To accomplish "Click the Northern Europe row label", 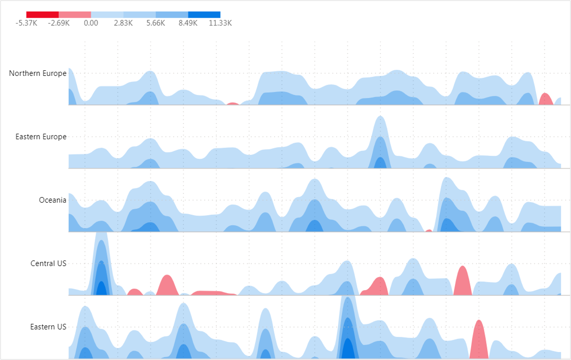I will [38, 73].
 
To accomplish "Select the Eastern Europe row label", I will [41, 137].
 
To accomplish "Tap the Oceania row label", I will [53, 200].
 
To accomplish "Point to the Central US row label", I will [49, 263].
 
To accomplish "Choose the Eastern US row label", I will [49, 327].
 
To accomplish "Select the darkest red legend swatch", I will [43, 14].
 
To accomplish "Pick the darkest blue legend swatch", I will [204, 14].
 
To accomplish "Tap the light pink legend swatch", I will [75, 14].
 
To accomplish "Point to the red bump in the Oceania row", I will [429, 230].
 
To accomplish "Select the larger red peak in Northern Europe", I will [546, 99].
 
